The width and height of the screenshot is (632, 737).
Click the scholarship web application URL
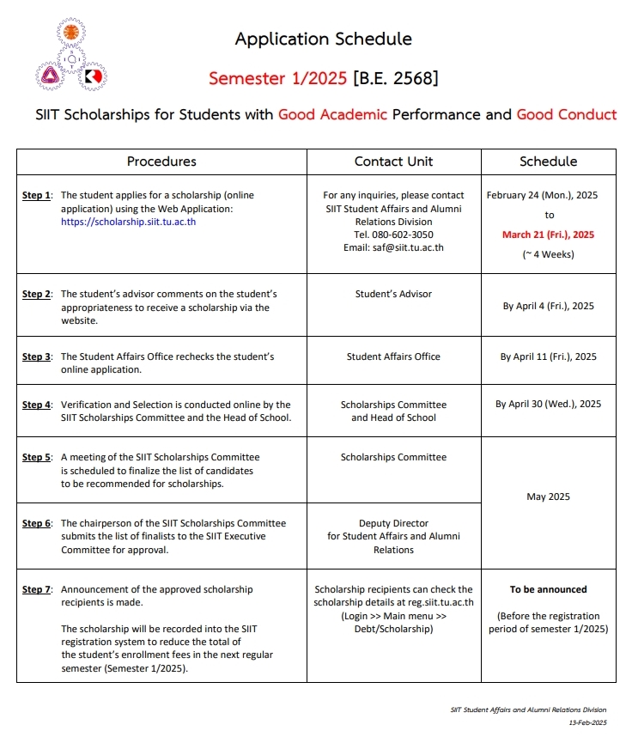[x=128, y=221]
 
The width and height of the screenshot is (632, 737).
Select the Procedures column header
[x=161, y=161]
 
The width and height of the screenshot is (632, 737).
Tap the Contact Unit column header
[x=393, y=161]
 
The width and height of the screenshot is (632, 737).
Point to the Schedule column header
[x=548, y=161]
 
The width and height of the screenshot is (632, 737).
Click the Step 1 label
[x=37, y=195]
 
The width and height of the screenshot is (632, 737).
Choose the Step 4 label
[x=37, y=405]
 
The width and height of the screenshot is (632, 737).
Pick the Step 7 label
[x=37, y=589]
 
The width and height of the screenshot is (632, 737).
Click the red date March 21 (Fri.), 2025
[x=548, y=234]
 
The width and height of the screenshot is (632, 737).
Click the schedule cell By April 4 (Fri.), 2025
[x=548, y=306]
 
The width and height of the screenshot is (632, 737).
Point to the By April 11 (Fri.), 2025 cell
[x=548, y=356]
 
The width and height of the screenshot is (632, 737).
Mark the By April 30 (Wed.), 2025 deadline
[x=548, y=404]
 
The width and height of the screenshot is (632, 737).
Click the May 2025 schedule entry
[x=548, y=496]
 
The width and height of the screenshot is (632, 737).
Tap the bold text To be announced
[x=548, y=589]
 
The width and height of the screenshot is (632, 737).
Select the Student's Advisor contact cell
[x=393, y=294]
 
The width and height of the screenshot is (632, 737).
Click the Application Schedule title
[x=323, y=39]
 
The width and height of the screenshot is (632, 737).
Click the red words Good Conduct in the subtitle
[x=566, y=114]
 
